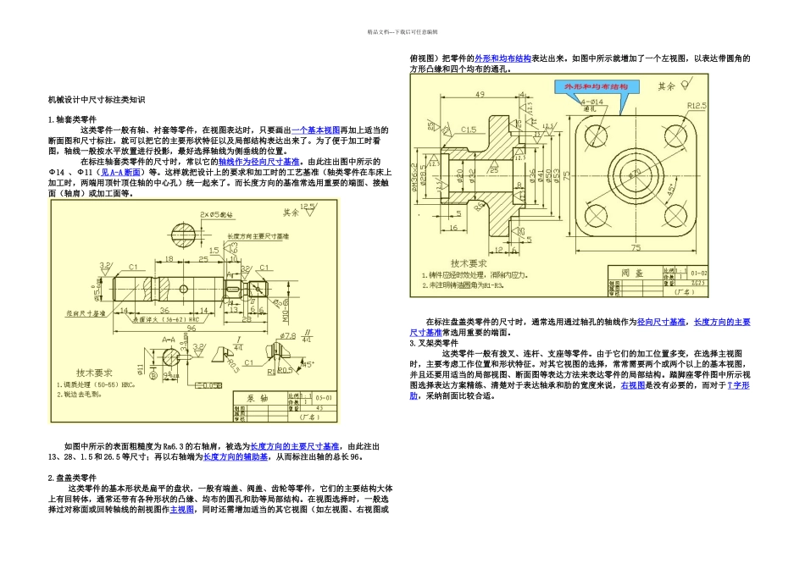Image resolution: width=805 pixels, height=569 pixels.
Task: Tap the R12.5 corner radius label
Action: pyautogui.click(x=697, y=106)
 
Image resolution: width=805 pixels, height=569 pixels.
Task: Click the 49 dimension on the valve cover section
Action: pyautogui.click(x=479, y=94)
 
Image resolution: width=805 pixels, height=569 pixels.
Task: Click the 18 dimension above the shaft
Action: pyautogui.click(x=169, y=259)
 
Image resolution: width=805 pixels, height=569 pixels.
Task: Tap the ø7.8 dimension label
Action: pyautogui.click(x=290, y=336)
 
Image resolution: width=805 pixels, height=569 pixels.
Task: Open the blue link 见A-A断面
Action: pyautogui.click(x=120, y=171)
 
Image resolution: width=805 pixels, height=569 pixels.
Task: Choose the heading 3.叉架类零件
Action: pyautogui.click(x=434, y=344)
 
